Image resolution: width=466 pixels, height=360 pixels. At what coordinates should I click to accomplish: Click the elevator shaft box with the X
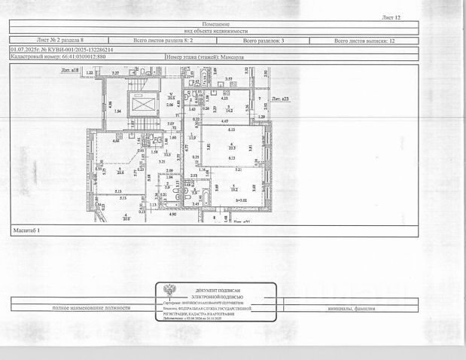[x=144, y=105]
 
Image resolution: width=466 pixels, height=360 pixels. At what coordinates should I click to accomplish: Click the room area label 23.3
[x=232, y=148]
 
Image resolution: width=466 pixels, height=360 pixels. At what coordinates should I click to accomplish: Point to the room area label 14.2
[x=227, y=110]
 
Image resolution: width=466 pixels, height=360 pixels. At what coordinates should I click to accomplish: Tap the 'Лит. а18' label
[x=70, y=69]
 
